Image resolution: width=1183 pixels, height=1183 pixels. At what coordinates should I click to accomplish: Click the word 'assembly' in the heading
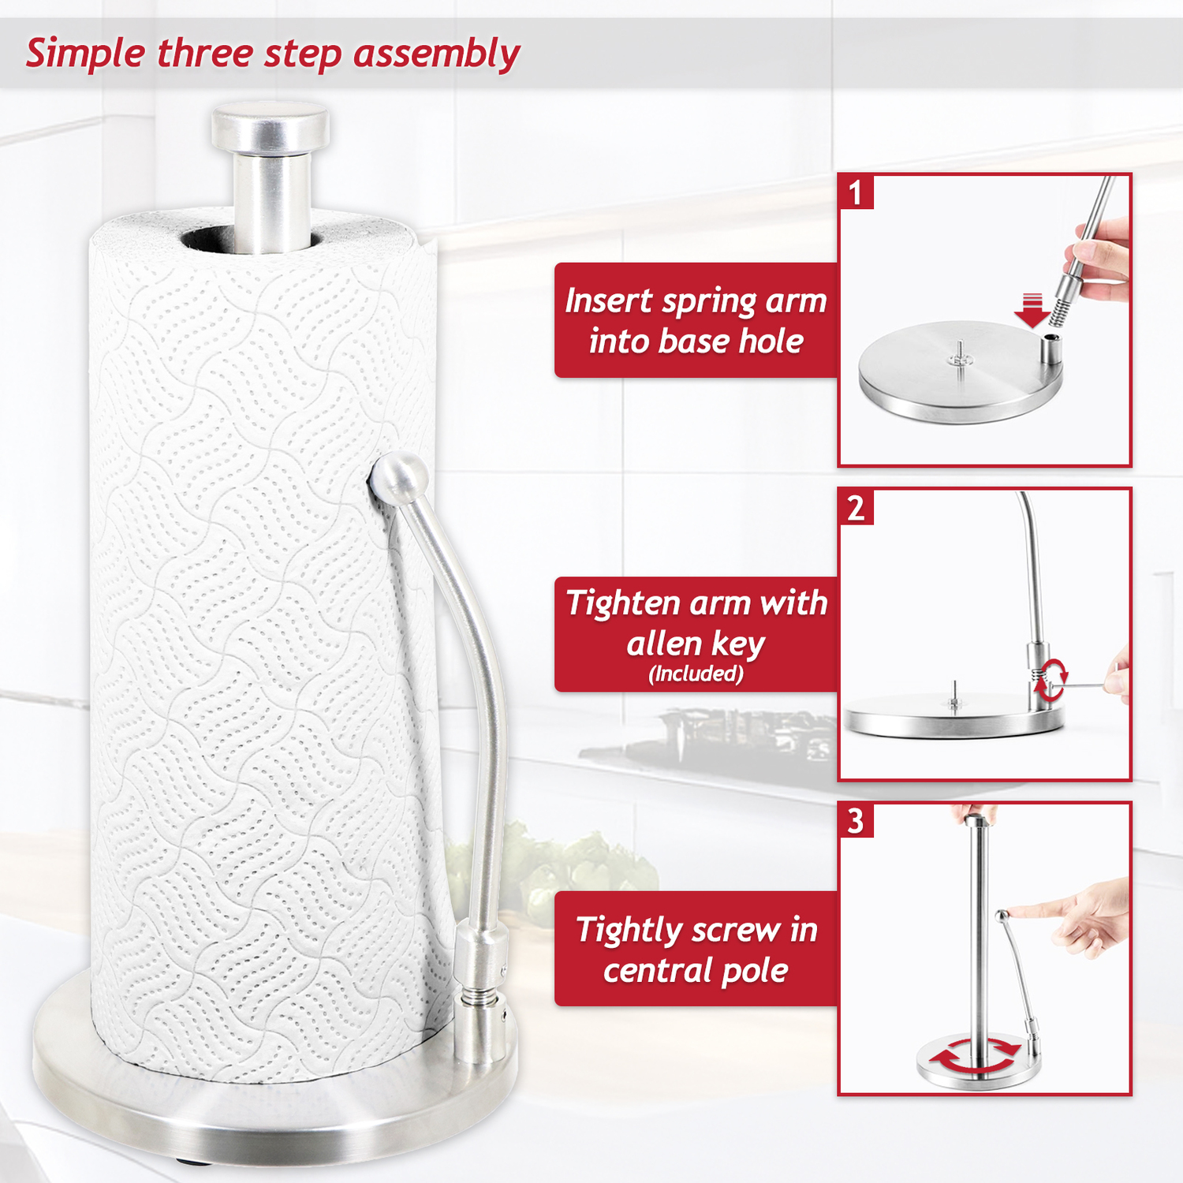click(436, 54)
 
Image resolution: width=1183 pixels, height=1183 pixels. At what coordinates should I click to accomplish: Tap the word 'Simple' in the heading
click(85, 54)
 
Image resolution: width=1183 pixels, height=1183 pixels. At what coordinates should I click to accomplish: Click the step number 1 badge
click(856, 192)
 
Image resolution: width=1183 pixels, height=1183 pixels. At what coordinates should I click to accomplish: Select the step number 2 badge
click(856, 507)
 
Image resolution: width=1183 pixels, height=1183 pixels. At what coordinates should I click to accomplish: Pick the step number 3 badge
click(856, 820)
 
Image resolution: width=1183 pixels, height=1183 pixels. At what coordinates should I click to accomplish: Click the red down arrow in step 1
click(1032, 310)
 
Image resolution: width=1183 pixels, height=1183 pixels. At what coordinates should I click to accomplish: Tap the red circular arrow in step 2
click(1052, 681)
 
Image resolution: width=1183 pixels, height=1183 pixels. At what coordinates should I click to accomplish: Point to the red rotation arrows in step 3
click(976, 1057)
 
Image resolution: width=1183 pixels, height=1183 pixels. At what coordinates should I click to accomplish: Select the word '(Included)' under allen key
click(696, 674)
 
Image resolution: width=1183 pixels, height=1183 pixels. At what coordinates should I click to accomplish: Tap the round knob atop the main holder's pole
click(270, 127)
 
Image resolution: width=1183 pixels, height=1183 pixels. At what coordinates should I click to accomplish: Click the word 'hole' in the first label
click(771, 341)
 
